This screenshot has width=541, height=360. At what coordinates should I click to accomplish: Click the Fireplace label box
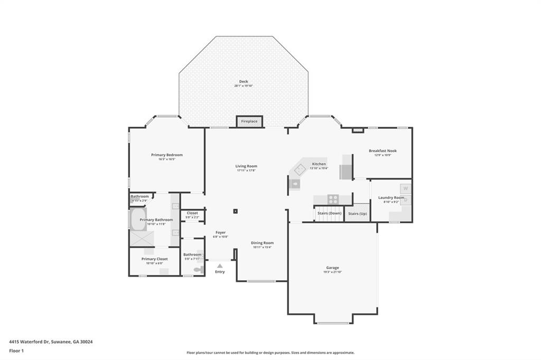point(249,121)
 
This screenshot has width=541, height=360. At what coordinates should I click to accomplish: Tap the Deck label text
point(244,81)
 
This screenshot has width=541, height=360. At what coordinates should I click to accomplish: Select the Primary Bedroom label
point(167,155)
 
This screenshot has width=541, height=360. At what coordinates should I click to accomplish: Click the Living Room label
point(246,166)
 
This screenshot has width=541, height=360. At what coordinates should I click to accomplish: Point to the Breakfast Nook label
point(383,150)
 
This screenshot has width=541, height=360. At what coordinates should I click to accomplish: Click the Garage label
point(332,268)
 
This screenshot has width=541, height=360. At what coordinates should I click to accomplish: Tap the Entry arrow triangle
point(220,266)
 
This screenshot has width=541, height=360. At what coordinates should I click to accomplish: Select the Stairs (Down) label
point(329,213)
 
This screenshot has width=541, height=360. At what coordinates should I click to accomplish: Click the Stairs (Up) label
point(357,213)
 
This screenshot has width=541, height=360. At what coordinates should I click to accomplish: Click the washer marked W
point(405,188)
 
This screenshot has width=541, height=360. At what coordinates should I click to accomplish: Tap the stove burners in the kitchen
point(333,199)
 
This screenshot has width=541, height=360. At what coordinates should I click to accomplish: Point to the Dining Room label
point(263,243)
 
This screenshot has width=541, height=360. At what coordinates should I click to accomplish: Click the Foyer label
point(220,232)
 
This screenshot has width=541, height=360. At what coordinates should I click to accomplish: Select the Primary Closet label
point(155,259)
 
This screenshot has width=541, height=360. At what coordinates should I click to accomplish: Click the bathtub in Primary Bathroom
point(138,220)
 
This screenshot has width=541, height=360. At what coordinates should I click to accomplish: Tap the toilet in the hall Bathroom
point(198,269)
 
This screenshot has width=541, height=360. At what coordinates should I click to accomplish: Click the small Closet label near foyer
point(192,213)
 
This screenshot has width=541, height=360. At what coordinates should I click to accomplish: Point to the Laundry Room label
point(391,197)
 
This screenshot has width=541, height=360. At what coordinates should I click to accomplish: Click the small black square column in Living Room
point(236,212)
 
